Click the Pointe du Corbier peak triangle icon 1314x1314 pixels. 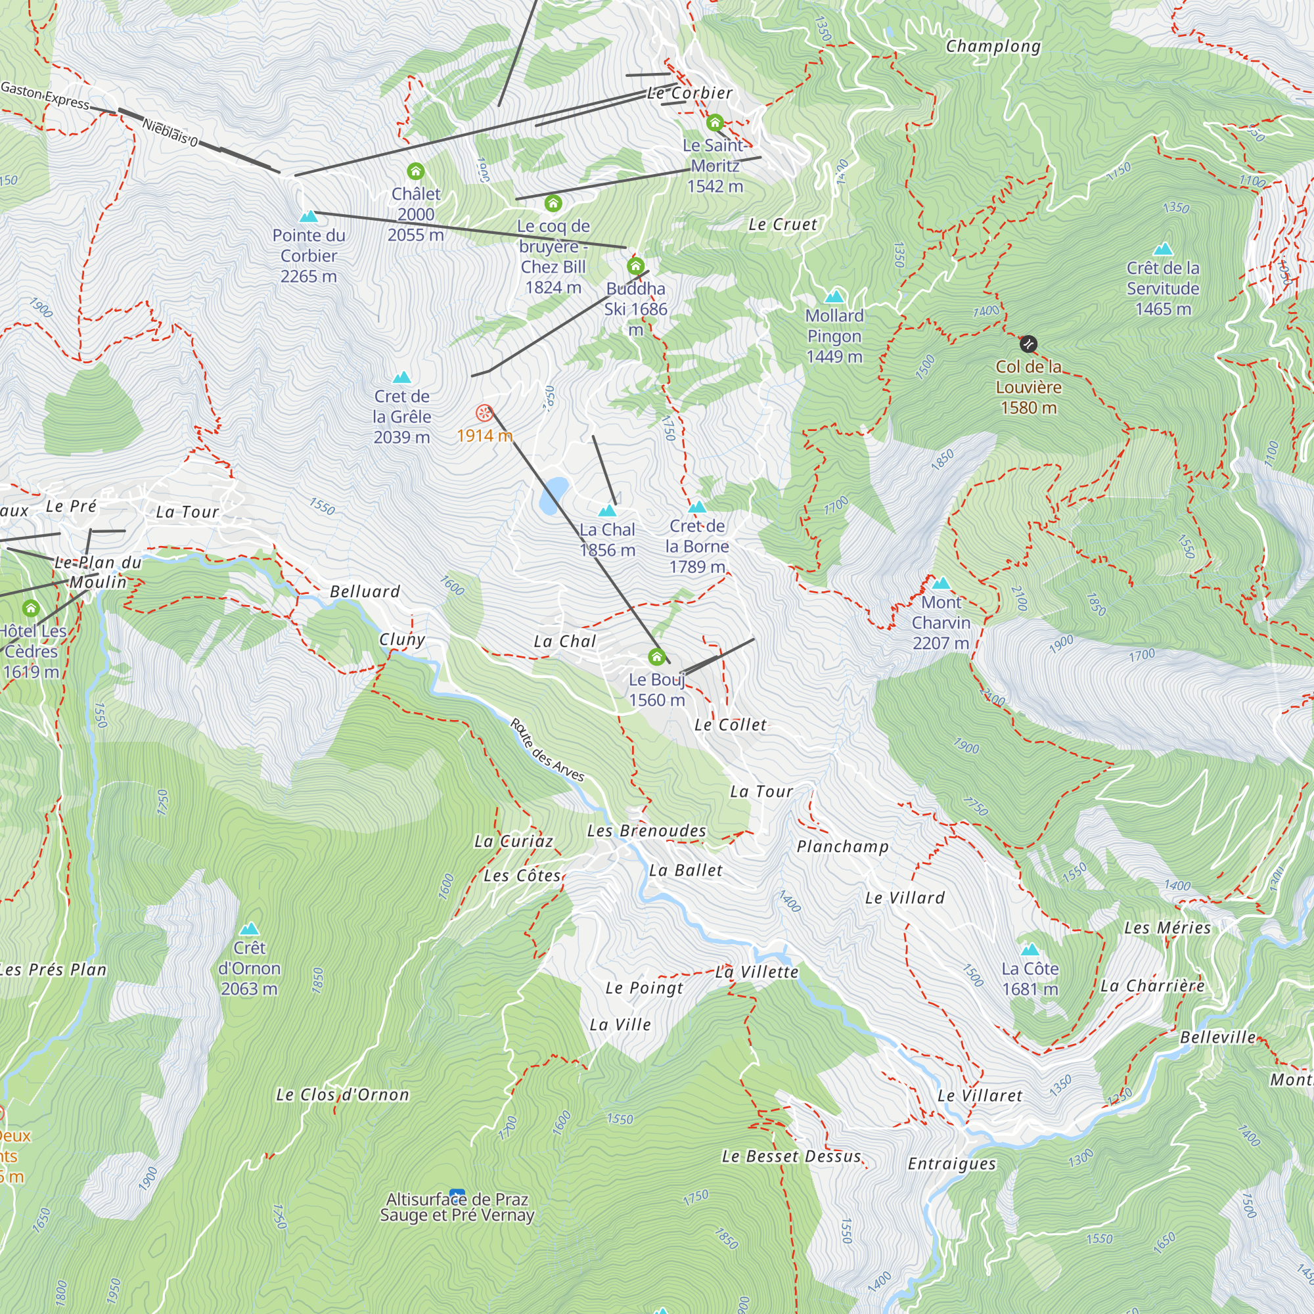[x=309, y=216]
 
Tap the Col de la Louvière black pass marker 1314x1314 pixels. [x=1028, y=344]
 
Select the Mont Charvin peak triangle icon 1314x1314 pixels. [x=941, y=583]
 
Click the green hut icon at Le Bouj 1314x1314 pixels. [x=656, y=657]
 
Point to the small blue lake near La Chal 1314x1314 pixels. [x=554, y=495]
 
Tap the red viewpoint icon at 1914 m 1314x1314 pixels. [x=484, y=413]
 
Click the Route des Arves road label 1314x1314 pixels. [x=547, y=750]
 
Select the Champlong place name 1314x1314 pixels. [x=993, y=46]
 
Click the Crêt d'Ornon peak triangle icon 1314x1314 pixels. [x=249, y=928]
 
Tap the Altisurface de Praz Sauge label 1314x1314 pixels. [x=457, y=1206]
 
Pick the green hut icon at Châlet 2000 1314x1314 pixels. [x=416, y=171]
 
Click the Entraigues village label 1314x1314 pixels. [x=951, y=1164]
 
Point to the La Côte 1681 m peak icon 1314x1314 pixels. [x=1030, y=949]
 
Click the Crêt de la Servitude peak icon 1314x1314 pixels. [x=1163, y=249]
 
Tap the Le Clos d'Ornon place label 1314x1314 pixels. [x=343, y=1095]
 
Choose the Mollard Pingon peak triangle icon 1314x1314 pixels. [x=834, y=296]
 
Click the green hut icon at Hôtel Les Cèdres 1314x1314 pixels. [x=31, y=608]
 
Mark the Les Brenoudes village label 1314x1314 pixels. [x=646, y=830]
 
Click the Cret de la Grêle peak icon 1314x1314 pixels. [x=401, y=378]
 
